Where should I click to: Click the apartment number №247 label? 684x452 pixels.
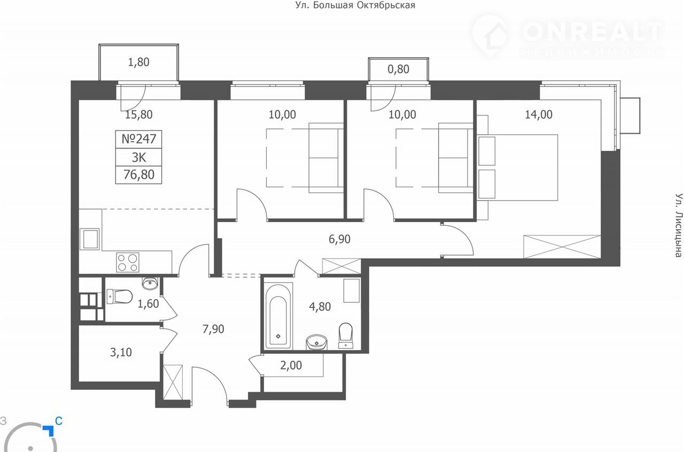(x=138, y=139)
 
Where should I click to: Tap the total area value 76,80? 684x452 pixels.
(x=138, y=175)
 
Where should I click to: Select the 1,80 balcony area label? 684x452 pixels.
(x=138, y=63)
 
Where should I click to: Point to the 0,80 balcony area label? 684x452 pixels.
(x=398, y=70)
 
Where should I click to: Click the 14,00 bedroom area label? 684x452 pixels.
(x=539, y=114)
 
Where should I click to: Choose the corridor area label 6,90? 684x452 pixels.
(x=339, y=239)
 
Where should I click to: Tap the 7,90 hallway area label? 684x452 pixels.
(x=213, y=329)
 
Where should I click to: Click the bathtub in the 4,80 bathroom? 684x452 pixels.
(x=278, y=316)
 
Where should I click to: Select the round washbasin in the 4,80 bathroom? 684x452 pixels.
(x=316, y=342)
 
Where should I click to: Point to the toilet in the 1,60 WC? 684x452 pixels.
(x=119, y=296)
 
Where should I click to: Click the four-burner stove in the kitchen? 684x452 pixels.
(x=128, y=263)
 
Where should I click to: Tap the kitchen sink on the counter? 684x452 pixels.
(x=89, y=239)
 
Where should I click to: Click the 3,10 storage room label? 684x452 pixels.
(x=121, y=353)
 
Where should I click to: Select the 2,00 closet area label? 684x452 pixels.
(x=291, y=365)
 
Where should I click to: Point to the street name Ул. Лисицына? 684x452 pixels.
(x=679, y=225)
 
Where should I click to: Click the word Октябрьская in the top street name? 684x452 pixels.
(x=386, y=5)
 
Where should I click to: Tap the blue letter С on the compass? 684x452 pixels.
(x=59, y=421)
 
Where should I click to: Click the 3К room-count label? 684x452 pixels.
(x=138, y=158)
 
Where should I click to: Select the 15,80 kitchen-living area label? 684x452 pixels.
(x=138, y=114)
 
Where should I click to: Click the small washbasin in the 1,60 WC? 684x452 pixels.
(x=150, y=284)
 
